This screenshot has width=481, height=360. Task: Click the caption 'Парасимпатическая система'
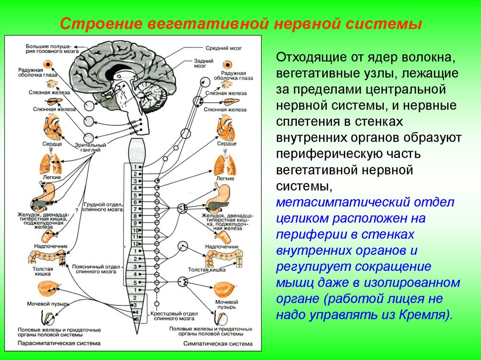coord(48,343)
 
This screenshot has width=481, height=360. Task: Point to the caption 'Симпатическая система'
coord(211,343)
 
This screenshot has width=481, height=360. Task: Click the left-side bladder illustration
coord(48,288)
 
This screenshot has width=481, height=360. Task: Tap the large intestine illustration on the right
coord(225,258)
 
